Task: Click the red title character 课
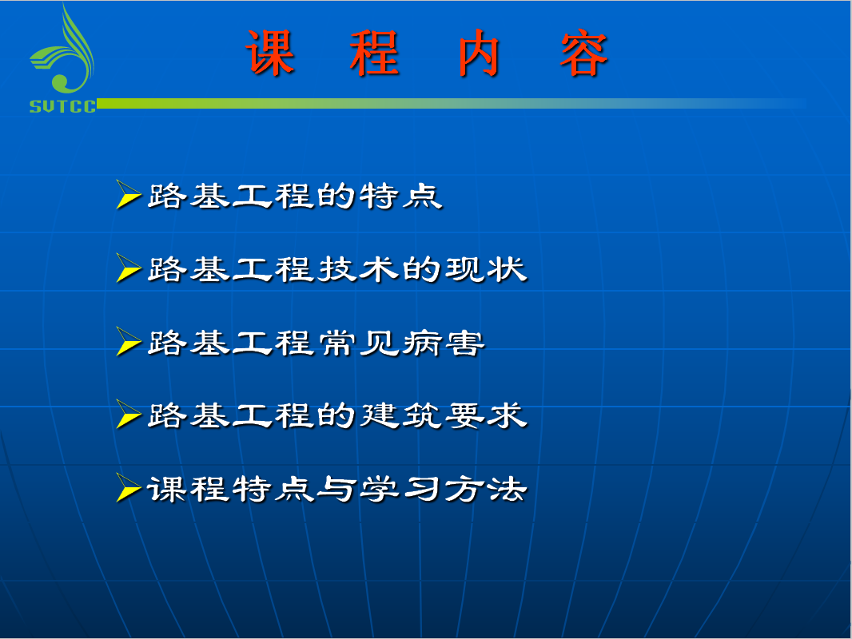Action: [271, 52]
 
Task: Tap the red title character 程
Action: [375, 52]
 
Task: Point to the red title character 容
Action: [584, 52]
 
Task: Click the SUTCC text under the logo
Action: [62, 106]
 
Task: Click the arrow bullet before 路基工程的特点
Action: [129, 194]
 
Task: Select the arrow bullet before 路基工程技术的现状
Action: [129, 268]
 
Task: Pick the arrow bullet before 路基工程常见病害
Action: [129, 341]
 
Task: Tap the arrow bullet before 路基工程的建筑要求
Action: [129, 415]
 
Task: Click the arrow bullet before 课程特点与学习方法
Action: [129, 487]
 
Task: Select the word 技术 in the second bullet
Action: [359, 269]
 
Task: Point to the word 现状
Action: [486, 269]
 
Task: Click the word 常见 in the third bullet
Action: [359, 343]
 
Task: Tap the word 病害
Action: [444, 343]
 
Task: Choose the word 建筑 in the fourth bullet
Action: [401, 416]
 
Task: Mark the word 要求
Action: [486, 416]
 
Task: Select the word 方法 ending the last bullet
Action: [486, 489]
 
